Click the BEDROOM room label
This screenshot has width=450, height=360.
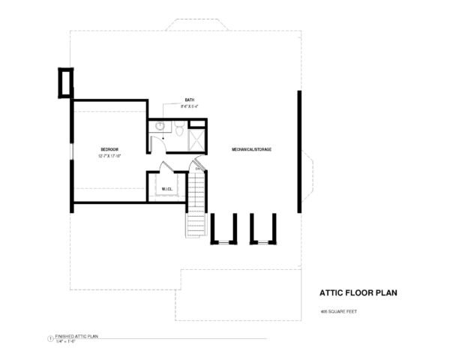[x=109, y=150]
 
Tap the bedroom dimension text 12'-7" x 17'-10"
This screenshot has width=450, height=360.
[x=109, y=156]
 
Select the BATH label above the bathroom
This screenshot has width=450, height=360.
[x=190, y=100]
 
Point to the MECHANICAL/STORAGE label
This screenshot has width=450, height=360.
[x=251, y=150]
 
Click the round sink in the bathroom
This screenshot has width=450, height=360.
[x=160, y=127]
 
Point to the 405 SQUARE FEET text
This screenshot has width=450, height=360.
[x=338, y=310]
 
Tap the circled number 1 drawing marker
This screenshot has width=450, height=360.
[x=49, y=339]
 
